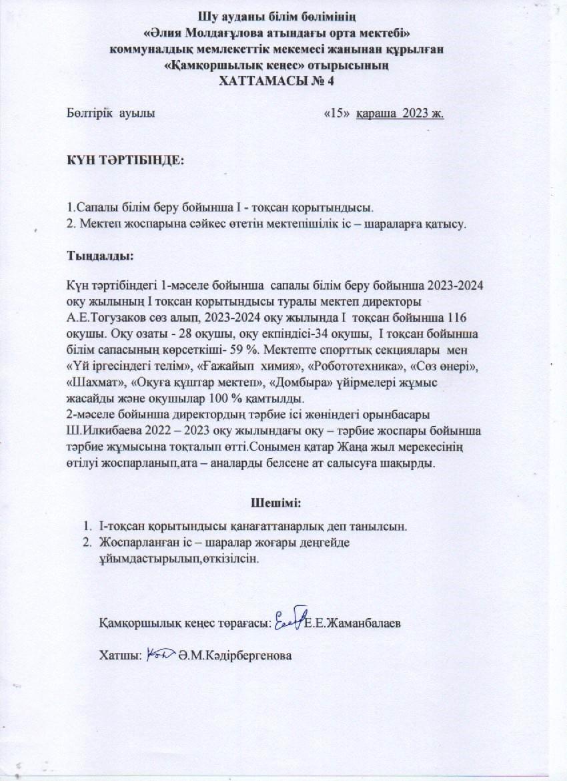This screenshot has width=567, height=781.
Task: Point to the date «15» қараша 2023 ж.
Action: [383, 113]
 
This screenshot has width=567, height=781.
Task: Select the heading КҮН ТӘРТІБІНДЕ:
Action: [124, 161]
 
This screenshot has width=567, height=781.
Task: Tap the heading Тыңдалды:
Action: [99, 255]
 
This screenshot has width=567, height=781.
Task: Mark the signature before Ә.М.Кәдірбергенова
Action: [160, 654]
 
